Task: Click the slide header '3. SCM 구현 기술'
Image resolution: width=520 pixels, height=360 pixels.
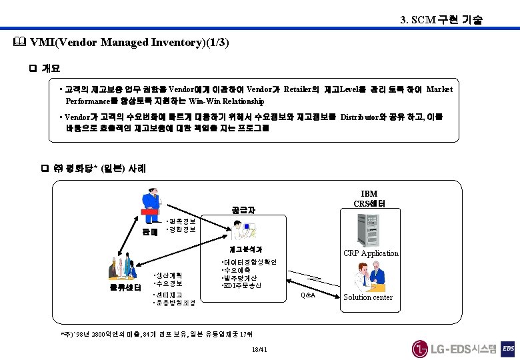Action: (440, 20)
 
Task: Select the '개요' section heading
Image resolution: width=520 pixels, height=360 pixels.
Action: (51, 68)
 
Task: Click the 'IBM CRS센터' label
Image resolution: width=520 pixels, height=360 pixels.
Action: (369, 198)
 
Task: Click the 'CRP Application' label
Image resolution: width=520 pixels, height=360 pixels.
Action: (371, 253)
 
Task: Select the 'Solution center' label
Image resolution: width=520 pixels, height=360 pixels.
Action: (367, 297)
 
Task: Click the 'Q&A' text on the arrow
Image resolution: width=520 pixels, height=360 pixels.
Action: (307, 295)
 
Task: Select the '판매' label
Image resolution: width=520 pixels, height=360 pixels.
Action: (149, 232)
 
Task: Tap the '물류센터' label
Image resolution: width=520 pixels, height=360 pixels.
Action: (125, 287)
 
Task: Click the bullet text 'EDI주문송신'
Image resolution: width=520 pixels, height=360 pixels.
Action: (243, 285)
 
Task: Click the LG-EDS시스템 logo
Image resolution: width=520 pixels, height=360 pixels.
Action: (454, 348)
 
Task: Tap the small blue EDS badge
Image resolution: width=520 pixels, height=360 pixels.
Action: (508, 348)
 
